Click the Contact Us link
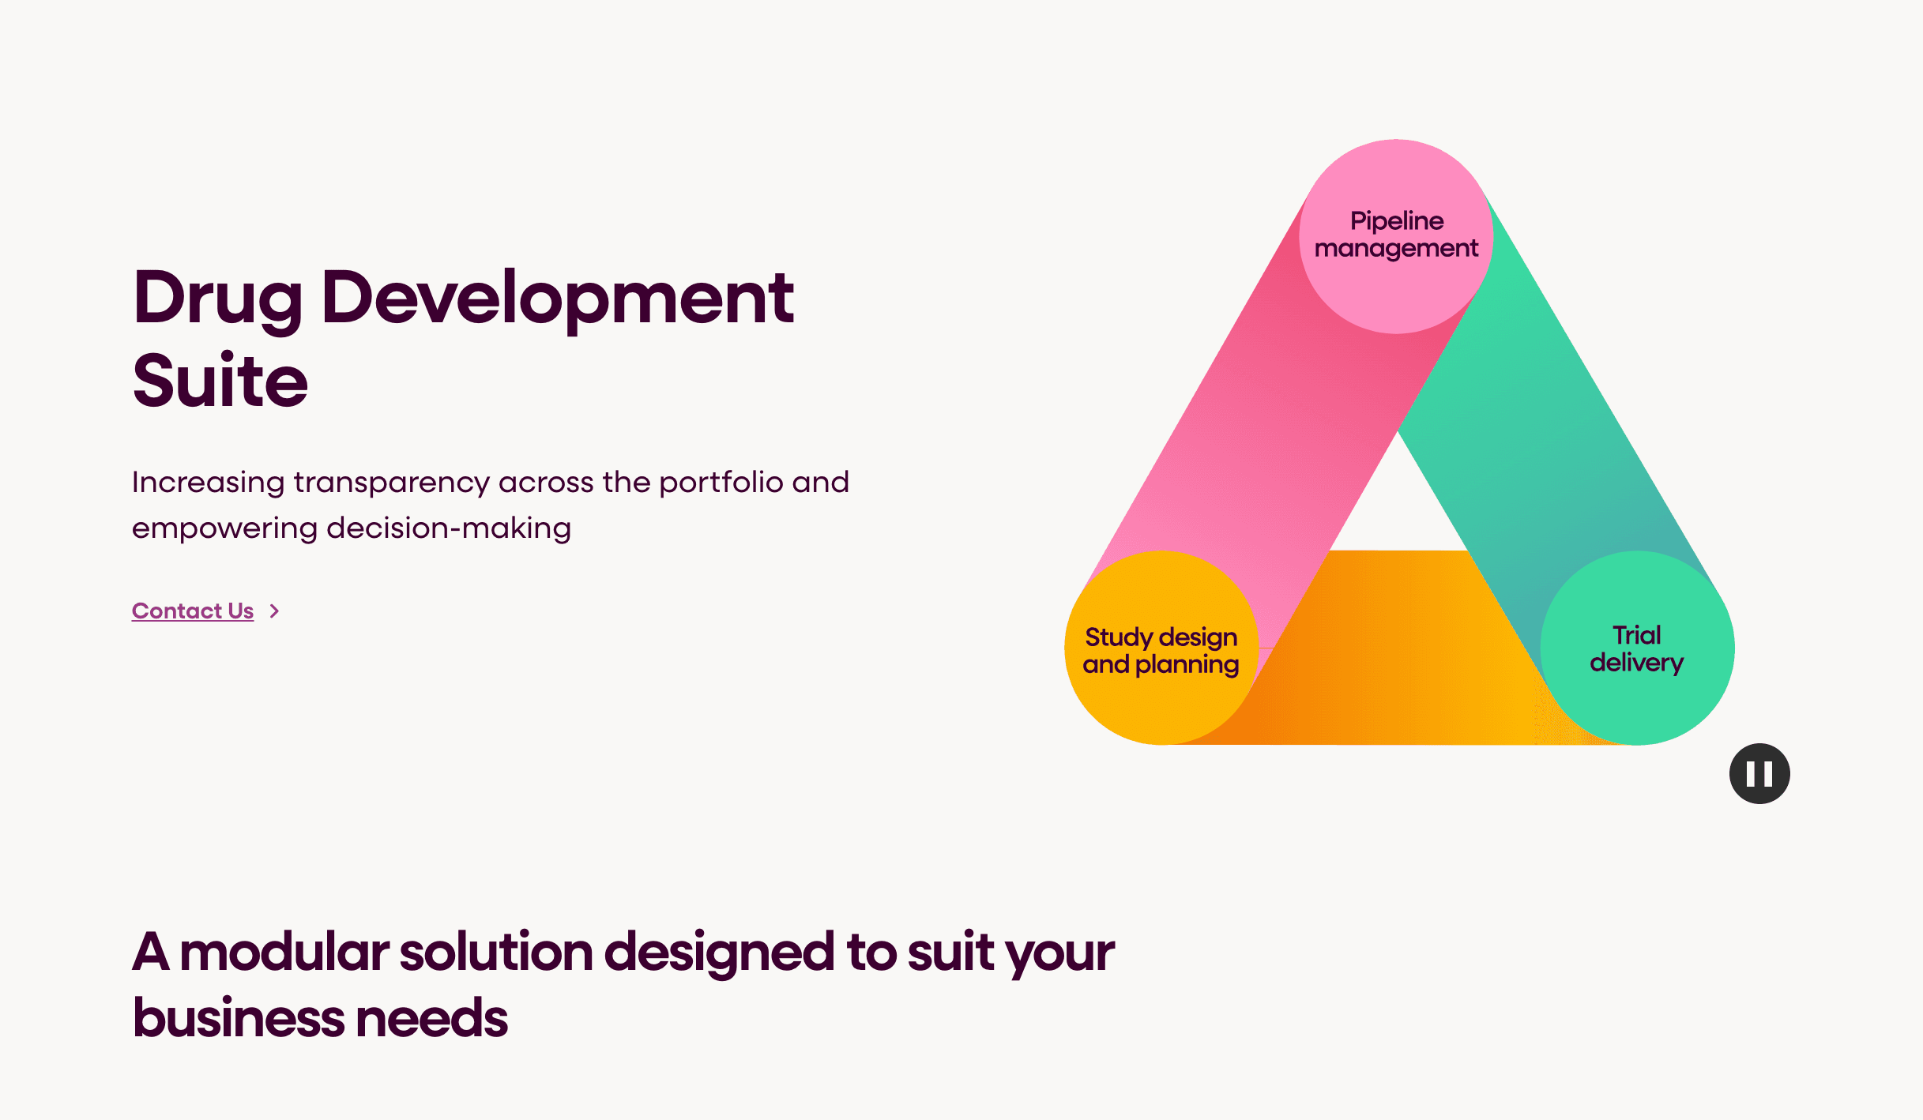point(193,611)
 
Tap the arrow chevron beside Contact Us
point(274,611)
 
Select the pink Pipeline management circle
point(1396,236)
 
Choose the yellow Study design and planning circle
point(1161,648)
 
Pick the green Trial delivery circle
point(1637,648)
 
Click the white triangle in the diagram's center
point(1399,506)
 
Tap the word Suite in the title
point(220,381)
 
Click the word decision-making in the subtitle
point(449,528)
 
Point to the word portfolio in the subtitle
point(721,483)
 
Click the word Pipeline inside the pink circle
point(1397,222)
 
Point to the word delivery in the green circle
point(1637,663)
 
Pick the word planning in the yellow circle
point(1187,666)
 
